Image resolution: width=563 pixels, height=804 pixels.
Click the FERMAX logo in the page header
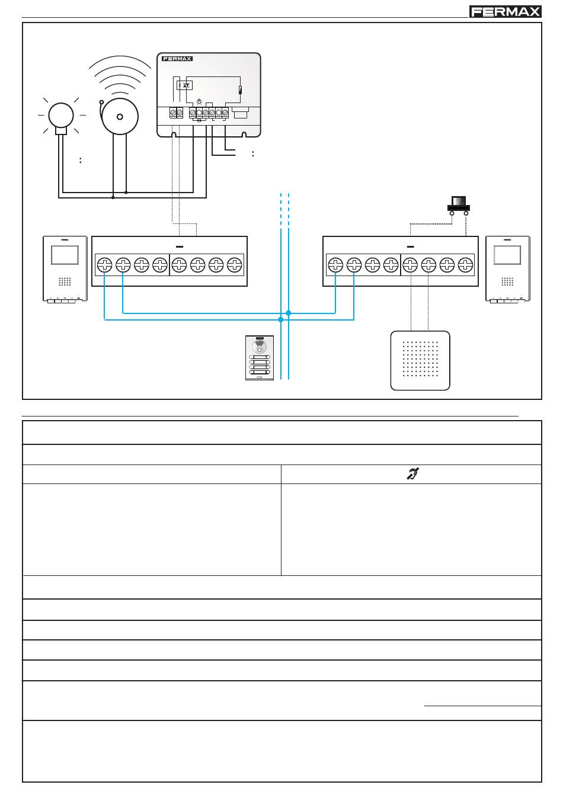pyautogui.click(x=505, y=11)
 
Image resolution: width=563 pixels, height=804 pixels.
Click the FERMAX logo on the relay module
pyautogui.click(x=177, y=59)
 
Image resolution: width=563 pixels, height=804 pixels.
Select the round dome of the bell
pyautogui.click(x=120, y=116)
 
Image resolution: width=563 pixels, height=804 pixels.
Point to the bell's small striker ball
pyautogui.click(x=101, y=102)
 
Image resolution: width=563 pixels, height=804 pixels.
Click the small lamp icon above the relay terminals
pyautogui.click(x=199, y=102)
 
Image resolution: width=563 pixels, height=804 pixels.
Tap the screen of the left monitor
pyautogui.click(x=65, y=255)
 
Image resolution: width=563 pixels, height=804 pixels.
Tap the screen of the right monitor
pyautogui.click(x=507, y=255)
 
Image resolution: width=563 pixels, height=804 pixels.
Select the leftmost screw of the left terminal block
pyautogui.click(x=104, y=265)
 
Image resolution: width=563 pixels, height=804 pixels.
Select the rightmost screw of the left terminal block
pyautogui.click(x=235, y=265)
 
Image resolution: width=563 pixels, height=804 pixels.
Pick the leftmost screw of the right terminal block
pyautogui.click(x=335, y=265)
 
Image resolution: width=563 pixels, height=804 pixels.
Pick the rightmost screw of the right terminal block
pyautogui.click(x=465, y=265)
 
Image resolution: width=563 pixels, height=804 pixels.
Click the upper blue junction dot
pyautogui.click(x=289, y=313)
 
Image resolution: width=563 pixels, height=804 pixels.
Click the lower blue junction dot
pyautogui.click(x=281, y=319)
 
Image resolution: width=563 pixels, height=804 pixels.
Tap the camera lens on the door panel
pyautogui.click(x=259, y=347)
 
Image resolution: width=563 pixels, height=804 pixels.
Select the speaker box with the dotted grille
pyautogui.click(x=420, y=360)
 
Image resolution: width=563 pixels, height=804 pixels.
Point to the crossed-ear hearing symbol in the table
pyautogui.click(x=412, y=474)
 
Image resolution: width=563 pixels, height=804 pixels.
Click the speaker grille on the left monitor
pyautogui.click(x=65, y=281)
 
